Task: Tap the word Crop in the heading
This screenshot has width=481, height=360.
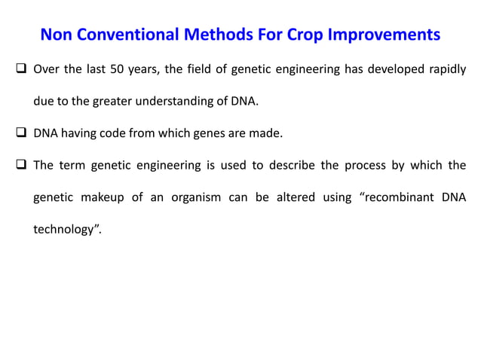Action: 308,35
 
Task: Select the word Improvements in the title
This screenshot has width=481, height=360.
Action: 386,35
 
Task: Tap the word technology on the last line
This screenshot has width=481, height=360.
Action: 66,229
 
